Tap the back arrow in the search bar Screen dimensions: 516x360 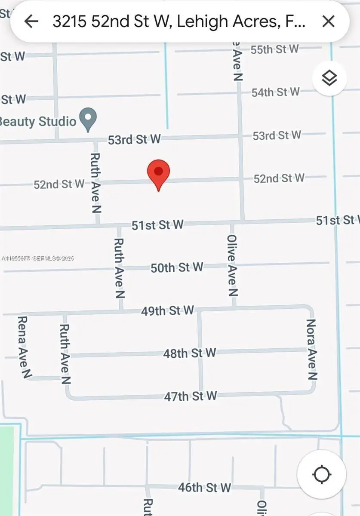(x=31, y=21)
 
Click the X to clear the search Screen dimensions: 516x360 (x=329, y=21)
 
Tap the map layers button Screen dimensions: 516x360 (x=329, y=78)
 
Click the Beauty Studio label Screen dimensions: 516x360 (x=39, y=121)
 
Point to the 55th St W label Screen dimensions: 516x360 (x=274, y=49)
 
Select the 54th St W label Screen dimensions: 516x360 (x=275, y=92)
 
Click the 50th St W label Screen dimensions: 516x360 (x=176, y=267)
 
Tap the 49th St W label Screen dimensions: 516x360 (x=167, y=310)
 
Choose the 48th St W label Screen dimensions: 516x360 (x=189, y=353)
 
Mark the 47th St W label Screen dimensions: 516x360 (x=190, y=396)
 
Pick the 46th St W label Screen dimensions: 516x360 (x=204, y=488)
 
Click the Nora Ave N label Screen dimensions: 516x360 (x=311, y=349)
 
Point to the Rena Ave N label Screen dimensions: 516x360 (x=24, y=347)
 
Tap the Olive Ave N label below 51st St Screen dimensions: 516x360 (x=232, y=266)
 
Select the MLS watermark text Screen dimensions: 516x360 (x=38, y=258)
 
